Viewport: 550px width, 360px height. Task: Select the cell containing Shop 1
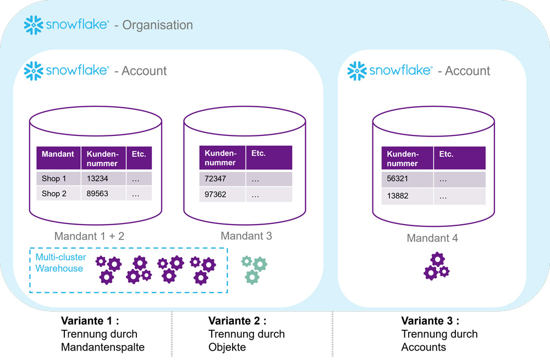[x=54, y=178]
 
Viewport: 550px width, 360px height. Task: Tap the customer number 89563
[x=99, y=193]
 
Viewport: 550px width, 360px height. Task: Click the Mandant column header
[x=58, y=154]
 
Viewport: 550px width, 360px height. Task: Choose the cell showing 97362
[x=216, y=194]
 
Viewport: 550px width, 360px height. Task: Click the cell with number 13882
[x=398, y=195]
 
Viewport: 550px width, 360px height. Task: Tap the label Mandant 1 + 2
[x=89, y=237]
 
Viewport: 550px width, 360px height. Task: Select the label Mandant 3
[x=246, y=236]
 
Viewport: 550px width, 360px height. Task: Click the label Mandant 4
[x=432, y=238]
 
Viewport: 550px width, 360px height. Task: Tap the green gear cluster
[x=254, y=269]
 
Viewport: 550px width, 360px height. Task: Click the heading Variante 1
[x=89, y=321]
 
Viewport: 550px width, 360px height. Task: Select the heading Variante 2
[x=237, y=321]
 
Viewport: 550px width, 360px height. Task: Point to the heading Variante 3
[x=430, y=321]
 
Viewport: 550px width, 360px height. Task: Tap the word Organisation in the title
[x=157, y=25]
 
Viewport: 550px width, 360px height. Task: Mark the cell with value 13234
[x=99, y=178]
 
